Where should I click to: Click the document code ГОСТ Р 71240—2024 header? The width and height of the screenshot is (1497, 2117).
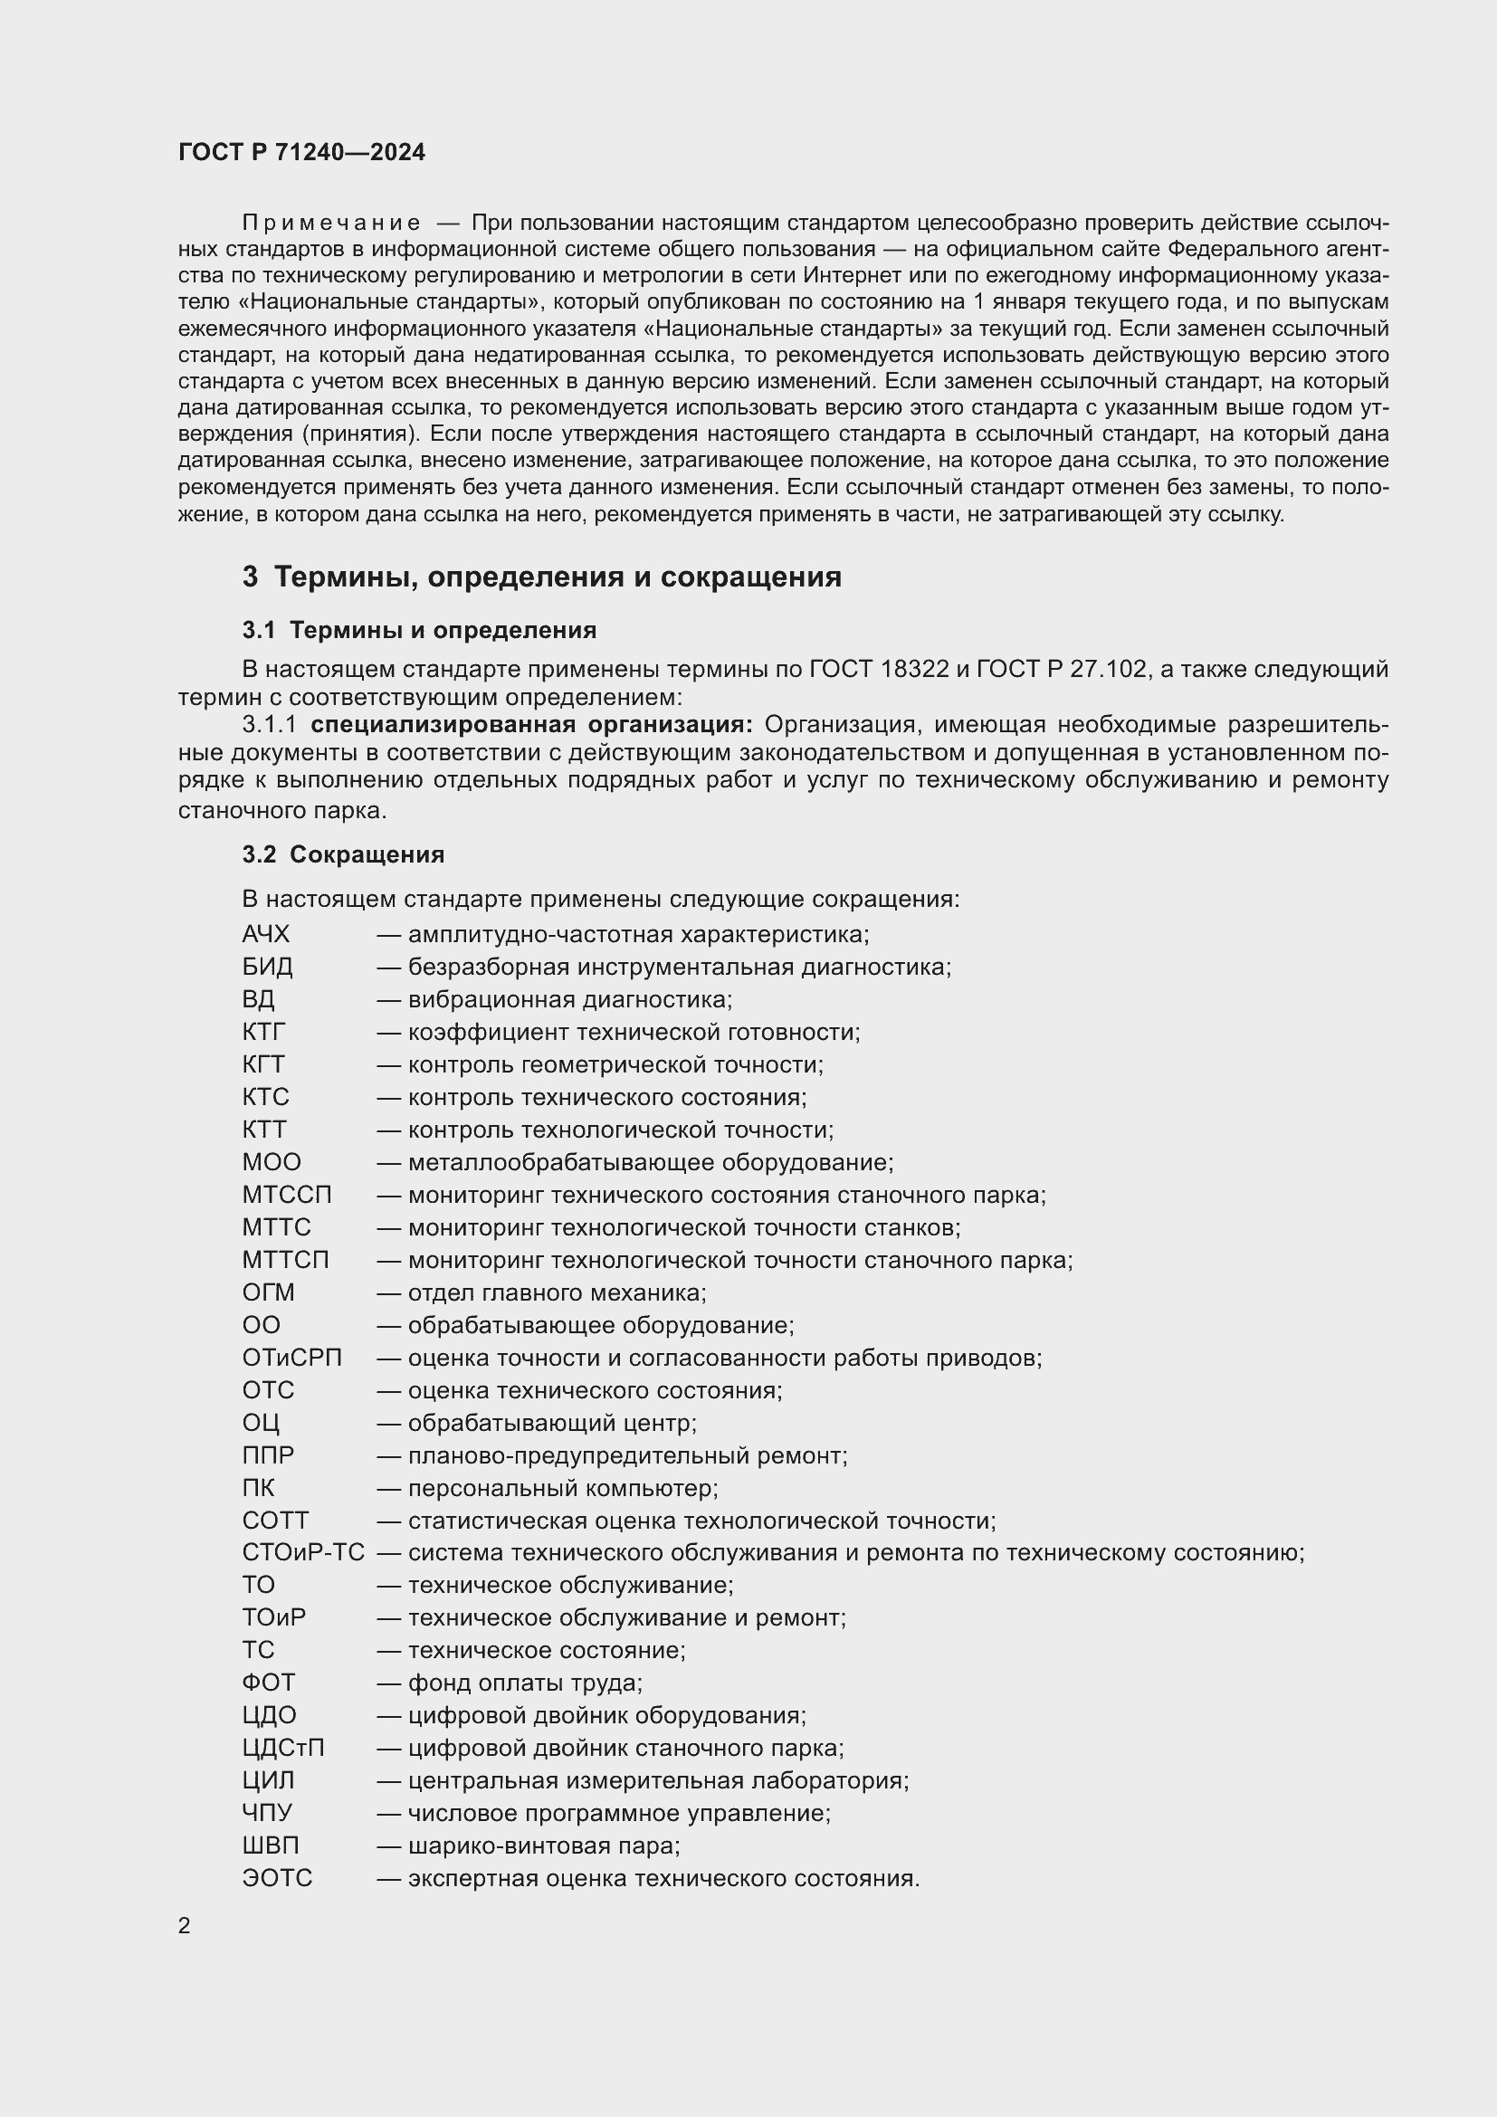point(301,152)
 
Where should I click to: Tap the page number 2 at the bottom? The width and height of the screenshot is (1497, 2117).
point(185,1925)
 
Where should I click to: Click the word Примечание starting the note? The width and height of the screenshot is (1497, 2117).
point(331,224)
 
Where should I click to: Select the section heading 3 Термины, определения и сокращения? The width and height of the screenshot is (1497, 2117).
point(542,577)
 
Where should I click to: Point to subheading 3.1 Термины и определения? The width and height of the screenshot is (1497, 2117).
point(419,631)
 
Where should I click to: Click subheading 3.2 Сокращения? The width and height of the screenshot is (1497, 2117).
point(343,854)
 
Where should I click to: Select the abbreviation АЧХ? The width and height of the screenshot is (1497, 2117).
point(265,935)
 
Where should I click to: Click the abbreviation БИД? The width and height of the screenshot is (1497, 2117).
point(267,968)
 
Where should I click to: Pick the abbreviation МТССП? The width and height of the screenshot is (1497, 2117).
point(287,1195)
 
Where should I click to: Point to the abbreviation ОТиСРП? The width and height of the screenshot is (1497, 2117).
point(291,1359)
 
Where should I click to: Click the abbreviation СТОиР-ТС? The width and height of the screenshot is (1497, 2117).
point(303,1553)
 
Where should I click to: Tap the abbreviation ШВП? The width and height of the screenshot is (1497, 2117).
point(270,1845)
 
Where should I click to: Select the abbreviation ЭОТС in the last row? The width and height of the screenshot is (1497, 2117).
point(277,1878)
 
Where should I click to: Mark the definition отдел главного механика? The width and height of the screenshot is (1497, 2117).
point(557,1292)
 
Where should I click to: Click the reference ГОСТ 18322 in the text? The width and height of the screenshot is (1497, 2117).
point(879,670)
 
